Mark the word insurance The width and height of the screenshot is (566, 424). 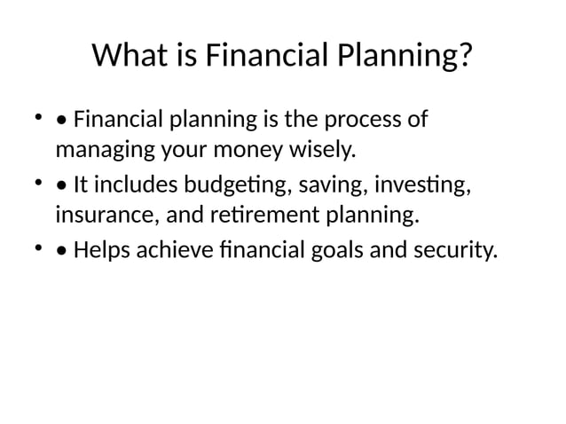click(x=98, y=215)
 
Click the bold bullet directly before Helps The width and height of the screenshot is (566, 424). click(x=61, y=252)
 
